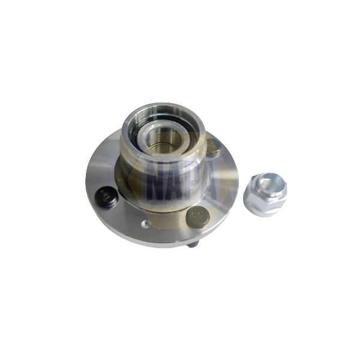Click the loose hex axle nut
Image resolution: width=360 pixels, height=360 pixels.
tap(265, 193)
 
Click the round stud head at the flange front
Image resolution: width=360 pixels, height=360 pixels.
tap(197, 217)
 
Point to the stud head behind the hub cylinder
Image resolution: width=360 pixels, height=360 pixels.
tap(213, 146)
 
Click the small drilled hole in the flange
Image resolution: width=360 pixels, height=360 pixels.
tap(144, 224)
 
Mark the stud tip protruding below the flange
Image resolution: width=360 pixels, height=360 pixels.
tap(192, 244)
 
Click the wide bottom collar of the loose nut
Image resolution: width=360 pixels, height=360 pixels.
tap(265, 208)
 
